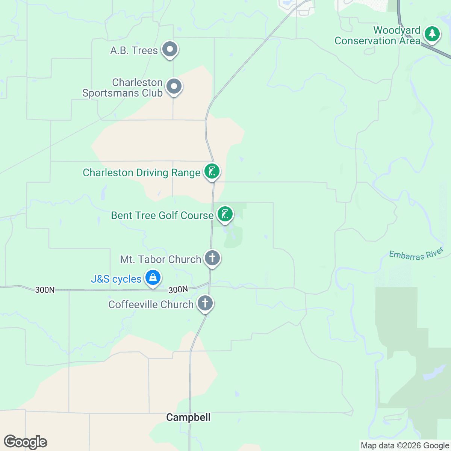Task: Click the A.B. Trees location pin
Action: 170,50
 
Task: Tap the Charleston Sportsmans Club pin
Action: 174,87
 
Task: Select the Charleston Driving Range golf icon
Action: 212,172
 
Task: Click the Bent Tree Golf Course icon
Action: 225,214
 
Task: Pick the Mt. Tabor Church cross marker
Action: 212,258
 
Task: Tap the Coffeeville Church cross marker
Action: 205,303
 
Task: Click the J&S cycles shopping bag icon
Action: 153,278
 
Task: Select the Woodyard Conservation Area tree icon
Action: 432,34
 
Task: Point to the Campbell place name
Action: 188,417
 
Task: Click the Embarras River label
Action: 416,254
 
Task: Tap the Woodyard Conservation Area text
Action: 377,35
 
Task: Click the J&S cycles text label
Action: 116,279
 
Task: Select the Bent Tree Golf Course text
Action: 162,215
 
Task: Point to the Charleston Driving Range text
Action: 141,173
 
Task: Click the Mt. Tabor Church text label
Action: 160,259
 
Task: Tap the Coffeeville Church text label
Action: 151,304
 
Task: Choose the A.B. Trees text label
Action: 134,51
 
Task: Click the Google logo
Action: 26,442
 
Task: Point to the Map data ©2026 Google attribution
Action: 405,446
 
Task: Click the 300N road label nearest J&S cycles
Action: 178,290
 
